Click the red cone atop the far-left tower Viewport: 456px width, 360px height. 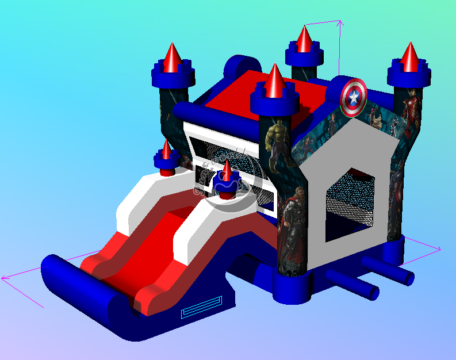click(172, 57)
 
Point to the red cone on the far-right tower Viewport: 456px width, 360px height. click(409, 58)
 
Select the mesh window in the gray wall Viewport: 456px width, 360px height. click(350, 204)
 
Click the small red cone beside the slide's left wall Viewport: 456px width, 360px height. click(166, 151)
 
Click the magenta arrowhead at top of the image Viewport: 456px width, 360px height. click(340, 23)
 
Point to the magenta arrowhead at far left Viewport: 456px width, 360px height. click(5, 278)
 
